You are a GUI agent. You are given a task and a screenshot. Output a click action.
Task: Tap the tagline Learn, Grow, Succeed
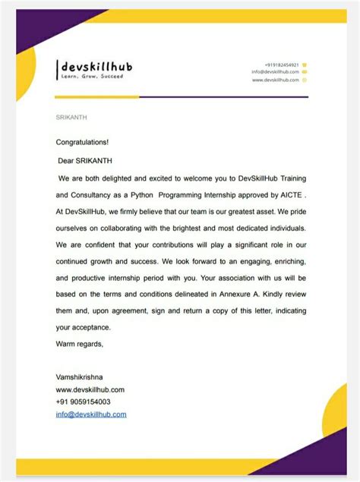pos(91,77)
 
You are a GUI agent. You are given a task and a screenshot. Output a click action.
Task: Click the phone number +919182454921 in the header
pos(282,65)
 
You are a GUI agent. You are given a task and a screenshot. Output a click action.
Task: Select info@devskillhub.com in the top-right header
pos(275,72)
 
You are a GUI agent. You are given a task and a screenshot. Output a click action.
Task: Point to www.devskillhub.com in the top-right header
pos(275,80)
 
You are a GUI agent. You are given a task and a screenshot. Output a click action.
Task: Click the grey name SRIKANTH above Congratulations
pos(71,118)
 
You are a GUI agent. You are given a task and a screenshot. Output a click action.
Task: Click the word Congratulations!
pos(82,142)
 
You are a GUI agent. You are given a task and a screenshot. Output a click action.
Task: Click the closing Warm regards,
pos(80,344)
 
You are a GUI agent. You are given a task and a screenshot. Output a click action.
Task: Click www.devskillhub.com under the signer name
pos(90,389)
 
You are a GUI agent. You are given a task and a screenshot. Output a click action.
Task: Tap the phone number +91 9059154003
pos(83,402)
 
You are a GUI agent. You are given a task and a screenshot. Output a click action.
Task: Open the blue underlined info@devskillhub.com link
pos(91,414)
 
